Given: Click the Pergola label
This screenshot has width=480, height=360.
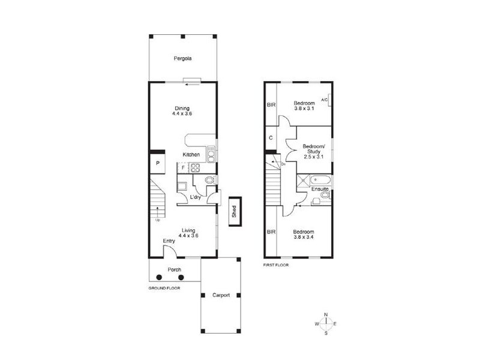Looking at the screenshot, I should click(182, 59).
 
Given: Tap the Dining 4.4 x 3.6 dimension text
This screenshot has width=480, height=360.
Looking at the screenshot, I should click(182, 113).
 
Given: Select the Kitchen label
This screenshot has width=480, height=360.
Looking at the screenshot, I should click(191, 155).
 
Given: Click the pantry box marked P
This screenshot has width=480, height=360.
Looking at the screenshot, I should click(157, 163).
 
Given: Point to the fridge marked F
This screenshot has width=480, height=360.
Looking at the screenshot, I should click(182, 167).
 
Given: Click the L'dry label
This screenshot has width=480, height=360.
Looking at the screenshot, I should click(195, 197).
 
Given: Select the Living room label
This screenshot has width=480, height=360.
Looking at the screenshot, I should click(189, 230).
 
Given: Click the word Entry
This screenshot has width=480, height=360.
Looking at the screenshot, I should click(169, 241).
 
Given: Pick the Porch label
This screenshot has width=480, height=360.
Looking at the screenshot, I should click(174, 269).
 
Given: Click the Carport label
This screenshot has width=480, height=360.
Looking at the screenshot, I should click(221, 295).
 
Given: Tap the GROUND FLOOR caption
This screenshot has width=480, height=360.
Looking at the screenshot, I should click(164, 288).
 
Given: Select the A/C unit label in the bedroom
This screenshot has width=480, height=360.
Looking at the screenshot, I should click(324, 100).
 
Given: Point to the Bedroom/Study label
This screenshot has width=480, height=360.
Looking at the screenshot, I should click(314, 150).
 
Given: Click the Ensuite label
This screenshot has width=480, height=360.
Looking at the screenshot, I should click(319, 190).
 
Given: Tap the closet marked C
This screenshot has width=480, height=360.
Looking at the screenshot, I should click(271, 138).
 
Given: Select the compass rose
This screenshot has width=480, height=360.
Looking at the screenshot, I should click(326, 324).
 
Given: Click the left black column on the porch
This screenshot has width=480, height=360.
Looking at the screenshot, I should click(159, 277).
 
